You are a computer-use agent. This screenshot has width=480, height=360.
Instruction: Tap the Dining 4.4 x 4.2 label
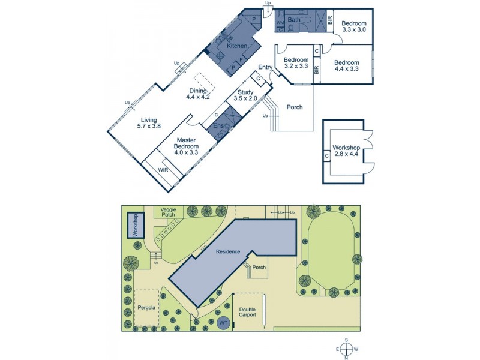pyautogui.click(x=197, y=94)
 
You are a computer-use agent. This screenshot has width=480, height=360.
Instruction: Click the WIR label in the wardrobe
pyautogui.click(x=163, y=170)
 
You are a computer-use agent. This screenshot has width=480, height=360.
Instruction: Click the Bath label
pyautogui.click(x=294, y=20)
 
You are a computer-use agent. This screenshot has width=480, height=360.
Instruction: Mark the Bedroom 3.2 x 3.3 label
pyautogui.click(x=296, y=63)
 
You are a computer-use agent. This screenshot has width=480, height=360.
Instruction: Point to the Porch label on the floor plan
pyautogui.click(x=294, y=107)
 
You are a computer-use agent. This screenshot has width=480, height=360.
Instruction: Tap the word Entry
pyautogui.click(x=265, y=67)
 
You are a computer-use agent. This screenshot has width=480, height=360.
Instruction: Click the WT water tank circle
pyautogui.click(x=223, y=323)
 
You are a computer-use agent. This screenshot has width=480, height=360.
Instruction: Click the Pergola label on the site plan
pyautogui.click(x=146, y=308)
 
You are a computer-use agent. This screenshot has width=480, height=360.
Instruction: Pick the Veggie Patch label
pyautogui.click(x=167, y=212)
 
